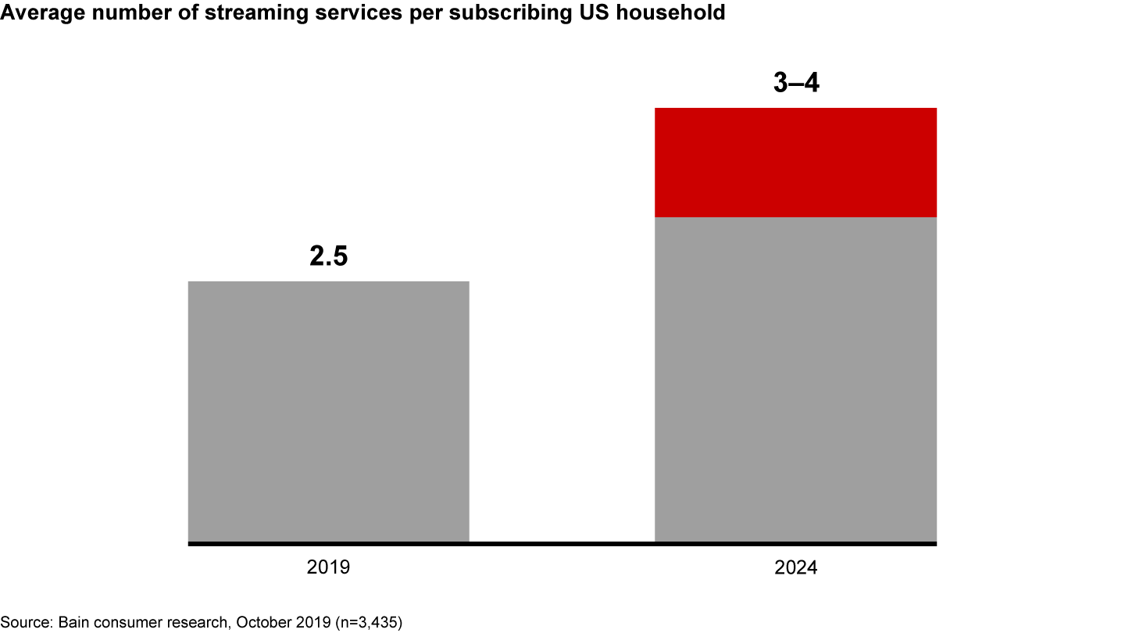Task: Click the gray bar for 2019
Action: [328, 411]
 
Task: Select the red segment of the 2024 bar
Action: [795, 162]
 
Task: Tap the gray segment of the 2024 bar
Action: [795, 379]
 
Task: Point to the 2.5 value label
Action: [328, 256]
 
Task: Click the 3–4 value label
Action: [795, 83]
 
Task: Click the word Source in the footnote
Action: [23, 622]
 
